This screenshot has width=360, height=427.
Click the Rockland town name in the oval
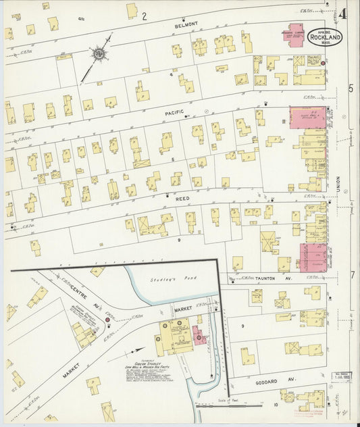324,37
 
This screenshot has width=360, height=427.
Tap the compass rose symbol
99,53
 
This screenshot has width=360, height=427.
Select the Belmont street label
188,24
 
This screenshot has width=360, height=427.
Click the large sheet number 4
344,14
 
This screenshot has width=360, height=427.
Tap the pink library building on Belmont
292,36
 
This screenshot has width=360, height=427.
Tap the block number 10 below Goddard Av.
276,405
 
